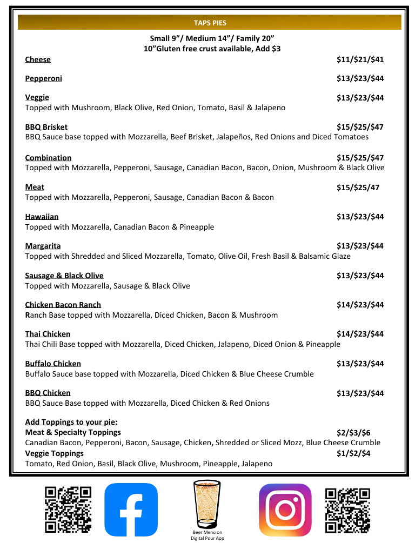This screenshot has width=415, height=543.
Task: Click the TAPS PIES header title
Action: pos(210,23)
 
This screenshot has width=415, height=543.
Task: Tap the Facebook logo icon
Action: pos(131,510)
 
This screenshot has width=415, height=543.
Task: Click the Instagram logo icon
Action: pos(285,510)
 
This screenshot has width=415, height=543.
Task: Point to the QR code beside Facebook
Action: pos(68,510)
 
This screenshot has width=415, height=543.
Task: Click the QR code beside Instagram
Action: pos(348,510)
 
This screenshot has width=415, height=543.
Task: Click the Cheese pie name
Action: pos(38,59)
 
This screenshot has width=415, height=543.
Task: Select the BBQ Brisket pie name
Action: pos(46,127)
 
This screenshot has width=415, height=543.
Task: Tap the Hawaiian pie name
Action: pos(42,217)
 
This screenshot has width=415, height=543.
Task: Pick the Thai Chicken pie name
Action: pos(48,334)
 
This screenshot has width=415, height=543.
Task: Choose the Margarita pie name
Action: pos(43,246)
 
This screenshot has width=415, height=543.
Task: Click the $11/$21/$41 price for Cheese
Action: pos(360,59)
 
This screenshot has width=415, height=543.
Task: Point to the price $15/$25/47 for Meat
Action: pos(358,187)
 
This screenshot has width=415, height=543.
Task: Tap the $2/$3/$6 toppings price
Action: pos(353,432)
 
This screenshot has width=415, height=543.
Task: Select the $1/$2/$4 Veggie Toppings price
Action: pos(353,453)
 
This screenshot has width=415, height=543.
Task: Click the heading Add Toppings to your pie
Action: pos(71,422)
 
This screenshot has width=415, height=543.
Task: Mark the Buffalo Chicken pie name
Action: pos(53,364)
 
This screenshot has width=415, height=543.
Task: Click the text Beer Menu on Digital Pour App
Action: pos(207,535)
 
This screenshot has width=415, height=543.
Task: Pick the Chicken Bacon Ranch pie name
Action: pos(63,305)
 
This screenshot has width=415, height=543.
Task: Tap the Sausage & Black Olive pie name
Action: pos(64,276)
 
